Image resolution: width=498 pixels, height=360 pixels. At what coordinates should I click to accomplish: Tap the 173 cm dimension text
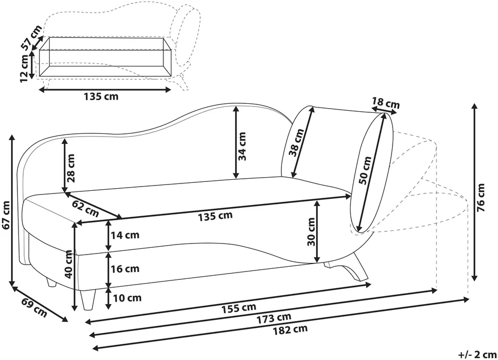click(x=274, y=318)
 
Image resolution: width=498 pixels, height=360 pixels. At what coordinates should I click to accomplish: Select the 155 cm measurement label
click(x=239, y=307)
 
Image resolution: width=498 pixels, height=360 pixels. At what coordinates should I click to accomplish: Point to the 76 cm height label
click(x=481, y=198)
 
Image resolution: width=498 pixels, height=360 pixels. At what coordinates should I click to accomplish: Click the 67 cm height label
click(x=6, y=215)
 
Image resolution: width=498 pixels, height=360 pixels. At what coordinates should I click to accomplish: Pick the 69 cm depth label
click(x=34, y=308)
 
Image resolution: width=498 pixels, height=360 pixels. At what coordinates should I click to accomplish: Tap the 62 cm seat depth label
click(x=85, y=208)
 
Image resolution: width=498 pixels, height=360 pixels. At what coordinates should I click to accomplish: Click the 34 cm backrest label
click(x=242, y=146)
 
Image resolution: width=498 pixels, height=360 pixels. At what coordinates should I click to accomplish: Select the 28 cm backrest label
click(x=71, y=168)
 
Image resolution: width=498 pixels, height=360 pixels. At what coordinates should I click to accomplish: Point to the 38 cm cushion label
click(x=296, y=143)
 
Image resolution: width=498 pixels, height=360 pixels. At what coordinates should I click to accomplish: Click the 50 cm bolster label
click(x=365, y=170)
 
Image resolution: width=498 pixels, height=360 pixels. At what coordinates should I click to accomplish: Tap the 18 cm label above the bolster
click(x=386, y=103)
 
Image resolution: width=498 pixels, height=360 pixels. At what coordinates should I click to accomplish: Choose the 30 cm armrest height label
click(x=311, y=231)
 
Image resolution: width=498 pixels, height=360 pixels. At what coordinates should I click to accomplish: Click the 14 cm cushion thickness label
click(x=125, y=235)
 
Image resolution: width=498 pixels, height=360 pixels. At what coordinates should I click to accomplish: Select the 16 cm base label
click(x=125, y=269)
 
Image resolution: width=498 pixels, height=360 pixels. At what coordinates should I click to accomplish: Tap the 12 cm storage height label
click(x=25, y=69)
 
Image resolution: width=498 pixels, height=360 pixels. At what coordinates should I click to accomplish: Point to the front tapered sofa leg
click(x=87, y=299)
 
